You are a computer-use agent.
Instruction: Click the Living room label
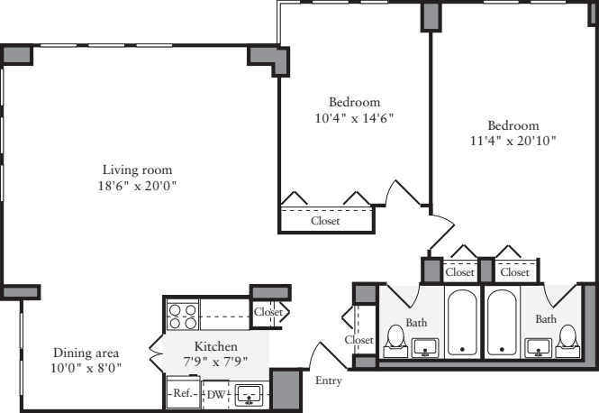click(136, 170)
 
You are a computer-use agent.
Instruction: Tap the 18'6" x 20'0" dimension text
click(136, 187)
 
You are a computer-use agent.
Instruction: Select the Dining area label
click(86, 352)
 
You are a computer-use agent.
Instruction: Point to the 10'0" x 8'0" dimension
click(86, 368)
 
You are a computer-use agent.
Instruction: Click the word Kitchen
click(216, 346)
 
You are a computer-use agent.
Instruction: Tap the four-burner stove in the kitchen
click(183, 316)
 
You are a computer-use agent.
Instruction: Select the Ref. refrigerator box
click(182, 394)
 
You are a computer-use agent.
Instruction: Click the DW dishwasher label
click(216, 394)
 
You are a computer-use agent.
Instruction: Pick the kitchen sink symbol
click(250, 394)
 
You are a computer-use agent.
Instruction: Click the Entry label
click(329, 381)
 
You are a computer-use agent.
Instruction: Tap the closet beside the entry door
click(359, 340)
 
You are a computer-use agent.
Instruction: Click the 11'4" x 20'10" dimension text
click(513, 141)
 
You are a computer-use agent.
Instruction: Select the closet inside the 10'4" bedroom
click(325, 220)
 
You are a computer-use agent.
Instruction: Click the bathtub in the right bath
click(503, 323)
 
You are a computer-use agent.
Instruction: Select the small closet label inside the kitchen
click(268, 312)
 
